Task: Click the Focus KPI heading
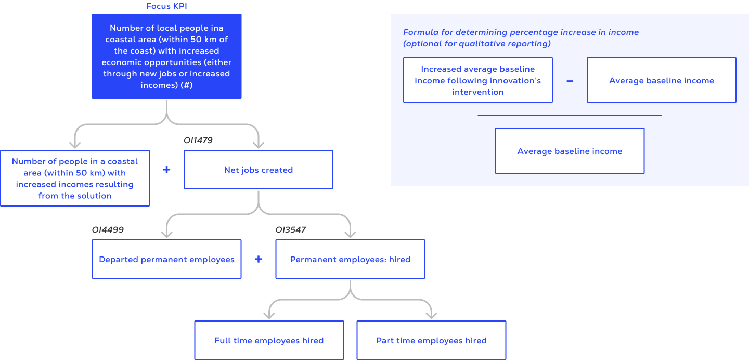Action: click(x=166, y=6)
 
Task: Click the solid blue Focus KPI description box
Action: click(x=166, y=56)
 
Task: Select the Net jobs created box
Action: click(x=258, y=170)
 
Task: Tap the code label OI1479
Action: click(x=198, y=140)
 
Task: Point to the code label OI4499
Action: click(x=108, y=229)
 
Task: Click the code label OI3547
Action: click(x=291, y=229)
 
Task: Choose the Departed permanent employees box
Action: click(x=166, y=259)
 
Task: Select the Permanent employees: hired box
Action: click(x=350, y=259)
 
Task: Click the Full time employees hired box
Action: click(x=269, y=340)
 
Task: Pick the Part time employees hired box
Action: click(x=431, y=340)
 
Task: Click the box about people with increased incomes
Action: click(x=75, y=178)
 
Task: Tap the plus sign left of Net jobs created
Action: click(x=166, y=170)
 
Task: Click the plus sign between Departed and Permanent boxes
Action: click(x=259, y=259)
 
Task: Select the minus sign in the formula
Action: click(x=570, y=81)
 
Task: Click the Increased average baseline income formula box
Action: click(x=477, y=80)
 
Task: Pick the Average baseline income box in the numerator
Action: click(x=661, y=80)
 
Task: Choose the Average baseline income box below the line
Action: click(x=570, y=151)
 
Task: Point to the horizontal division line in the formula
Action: click(x=570, y=115)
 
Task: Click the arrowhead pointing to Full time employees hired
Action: click(x=269, y=315)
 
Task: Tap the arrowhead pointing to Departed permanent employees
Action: click(x=166, y=234)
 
